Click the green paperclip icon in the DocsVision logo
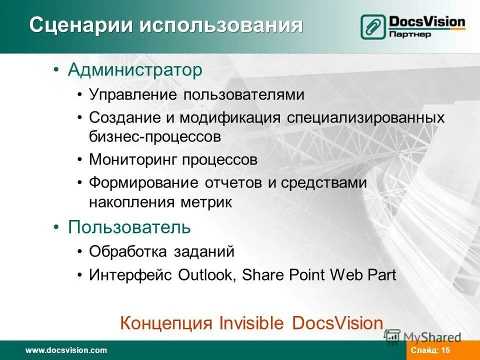coord(373,26)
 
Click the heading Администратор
coord(135,70)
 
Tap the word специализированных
coord(366,118)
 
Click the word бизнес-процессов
coord(154,136)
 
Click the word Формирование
coord(143,183)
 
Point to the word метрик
coord(212,202)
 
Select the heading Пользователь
coord(129,227)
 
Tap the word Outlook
coord(206,275)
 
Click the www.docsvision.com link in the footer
coord(66,350)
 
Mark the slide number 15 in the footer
coord(446,350)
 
